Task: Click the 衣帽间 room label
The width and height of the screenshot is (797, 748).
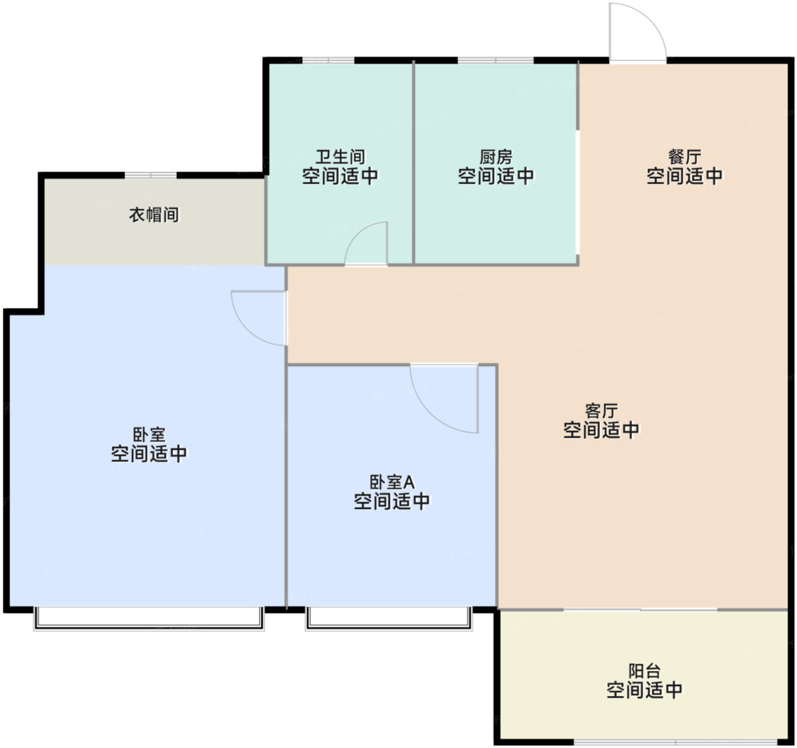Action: (x=154, y=215)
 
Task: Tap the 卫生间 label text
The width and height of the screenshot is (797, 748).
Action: (x=340, y=157)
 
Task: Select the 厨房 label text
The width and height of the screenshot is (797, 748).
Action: (x=496, y=157)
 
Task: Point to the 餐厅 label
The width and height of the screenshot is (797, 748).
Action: (x=685, y=157)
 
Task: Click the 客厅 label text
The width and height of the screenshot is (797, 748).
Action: (x=601, y=411)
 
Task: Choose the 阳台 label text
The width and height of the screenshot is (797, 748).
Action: (x=644, y=671)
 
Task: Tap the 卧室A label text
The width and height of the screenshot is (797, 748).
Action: (x=392, y=482)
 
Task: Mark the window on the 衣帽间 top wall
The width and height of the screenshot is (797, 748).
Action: (x=150, y=175)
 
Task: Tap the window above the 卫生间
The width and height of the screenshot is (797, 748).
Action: (x=328, y=60)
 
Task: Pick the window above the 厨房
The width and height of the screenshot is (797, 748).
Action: (x=496, y=60)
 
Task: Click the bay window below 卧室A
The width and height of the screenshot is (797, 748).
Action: (x=389, y=619)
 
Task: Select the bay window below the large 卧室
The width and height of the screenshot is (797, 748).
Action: (x=149, y=619)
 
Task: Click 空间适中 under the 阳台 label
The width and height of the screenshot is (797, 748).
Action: (x=644, y=690)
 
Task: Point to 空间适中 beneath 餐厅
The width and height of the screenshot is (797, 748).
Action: (x=685, y=176)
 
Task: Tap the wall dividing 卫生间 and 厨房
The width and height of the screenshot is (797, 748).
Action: (x=413, y=162)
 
